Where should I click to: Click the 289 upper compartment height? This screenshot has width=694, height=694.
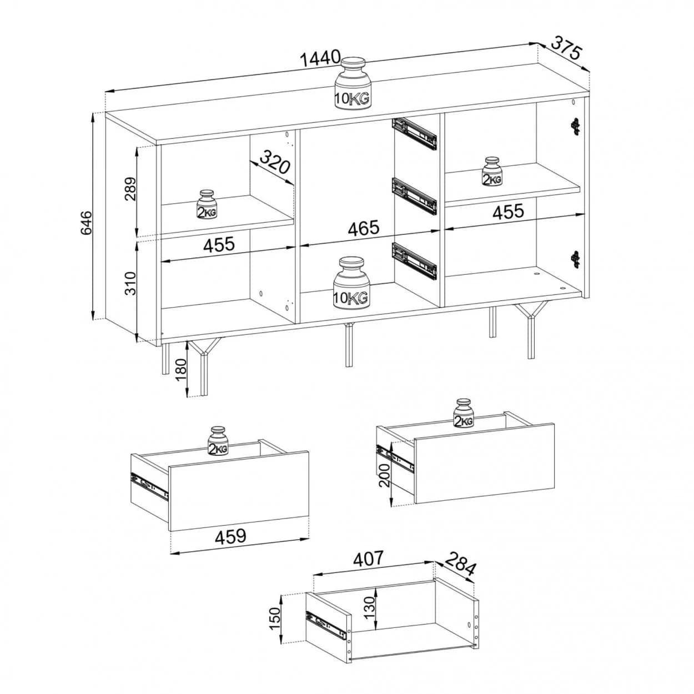[x=130, y=189]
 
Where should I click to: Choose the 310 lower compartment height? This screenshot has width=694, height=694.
[x=130, y=284]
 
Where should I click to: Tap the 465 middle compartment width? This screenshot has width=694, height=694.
[x=364, y=228]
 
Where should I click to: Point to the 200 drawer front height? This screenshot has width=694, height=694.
[x=384, y=475]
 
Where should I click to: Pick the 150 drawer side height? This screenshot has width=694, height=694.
[x=275, y=619]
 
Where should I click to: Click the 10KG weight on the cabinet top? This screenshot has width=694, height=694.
[x=353, y=83]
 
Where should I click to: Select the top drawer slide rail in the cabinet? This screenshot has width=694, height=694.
[x=414, y=134]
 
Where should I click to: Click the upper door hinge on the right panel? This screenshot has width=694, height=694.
[x=576, y=126]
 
